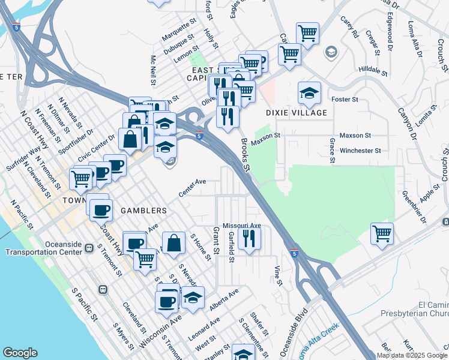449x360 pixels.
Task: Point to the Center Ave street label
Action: click(192, 187)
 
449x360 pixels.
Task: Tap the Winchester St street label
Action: click(360, 151)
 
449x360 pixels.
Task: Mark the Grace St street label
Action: click(331, 150)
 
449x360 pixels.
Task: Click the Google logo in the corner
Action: click(20, 353)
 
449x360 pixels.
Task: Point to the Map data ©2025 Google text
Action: click(412, 355)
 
